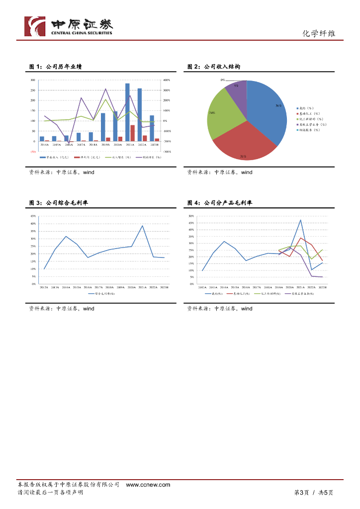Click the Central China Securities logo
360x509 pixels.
[69, 26]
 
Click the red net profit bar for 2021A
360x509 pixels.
[132, 133]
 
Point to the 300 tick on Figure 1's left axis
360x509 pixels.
[33, 80]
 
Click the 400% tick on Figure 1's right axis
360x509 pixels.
[167, 80]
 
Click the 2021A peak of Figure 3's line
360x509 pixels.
[142, 226]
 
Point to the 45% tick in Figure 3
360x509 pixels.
[33, 216]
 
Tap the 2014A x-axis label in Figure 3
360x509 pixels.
[66, 287]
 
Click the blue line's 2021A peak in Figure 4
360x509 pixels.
[301, 220]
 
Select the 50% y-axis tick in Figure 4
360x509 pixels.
[191, 216]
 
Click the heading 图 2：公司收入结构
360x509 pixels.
[214, 67]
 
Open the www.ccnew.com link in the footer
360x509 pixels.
[148, 485]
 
